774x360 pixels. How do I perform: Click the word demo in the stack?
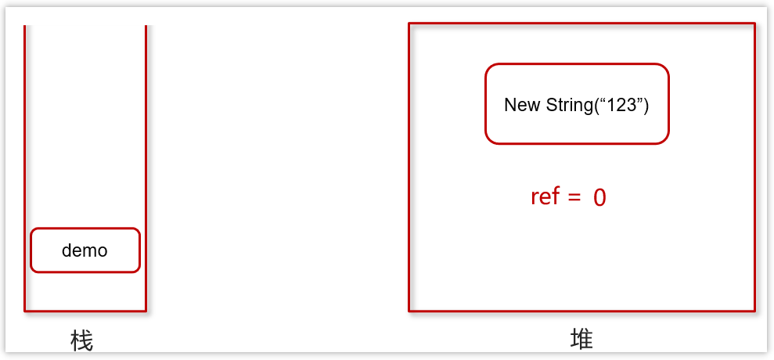[85, 251]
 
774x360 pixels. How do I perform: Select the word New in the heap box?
[520, 105]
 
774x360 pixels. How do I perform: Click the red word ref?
[545, 196]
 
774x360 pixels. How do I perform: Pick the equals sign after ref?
[574, 196]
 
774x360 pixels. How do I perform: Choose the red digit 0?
[599, 197]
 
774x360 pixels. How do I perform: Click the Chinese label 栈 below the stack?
[81, 340]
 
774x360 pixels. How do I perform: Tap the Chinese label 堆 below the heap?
[581, 339]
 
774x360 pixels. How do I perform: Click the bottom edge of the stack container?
[85, 311]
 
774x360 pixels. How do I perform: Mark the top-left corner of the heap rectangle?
[409, 23]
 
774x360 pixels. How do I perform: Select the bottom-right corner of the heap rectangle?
[754, 311]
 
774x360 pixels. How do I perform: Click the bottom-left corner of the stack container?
[25, 311]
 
